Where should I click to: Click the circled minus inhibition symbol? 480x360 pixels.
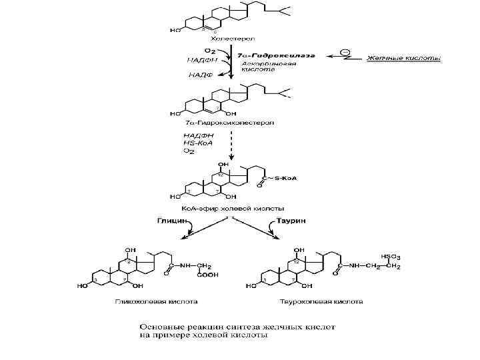tap(345, 52)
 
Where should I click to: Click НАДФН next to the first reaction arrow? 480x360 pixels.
tap(199, 59)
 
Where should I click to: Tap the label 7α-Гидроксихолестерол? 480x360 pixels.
tap(219, 123)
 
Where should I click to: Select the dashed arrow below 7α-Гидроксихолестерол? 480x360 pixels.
tap(231, 143)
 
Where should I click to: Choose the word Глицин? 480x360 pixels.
tap(171, 219)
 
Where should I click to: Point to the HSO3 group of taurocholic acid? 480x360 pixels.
tap(391, 255)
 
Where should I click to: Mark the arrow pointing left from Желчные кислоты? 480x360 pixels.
tap(344, 58)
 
